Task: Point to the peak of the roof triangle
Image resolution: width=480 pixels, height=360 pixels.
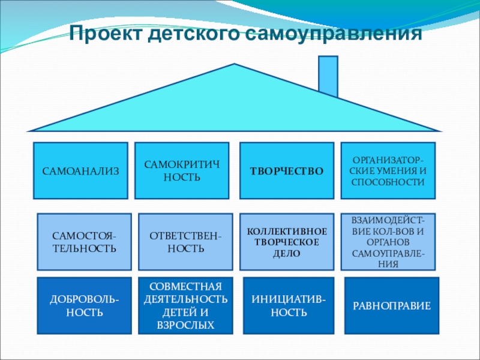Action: coord(235,65)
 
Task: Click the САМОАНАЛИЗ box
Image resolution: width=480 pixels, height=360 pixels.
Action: coord(80,171)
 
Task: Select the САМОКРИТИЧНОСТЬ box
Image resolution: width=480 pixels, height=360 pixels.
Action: coord(182,171)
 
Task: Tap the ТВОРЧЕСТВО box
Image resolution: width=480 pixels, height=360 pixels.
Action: coord(287,171)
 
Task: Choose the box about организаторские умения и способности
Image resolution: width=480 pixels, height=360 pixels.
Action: coord(387,171)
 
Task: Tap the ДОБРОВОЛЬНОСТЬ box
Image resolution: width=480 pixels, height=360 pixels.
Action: coord(84,305)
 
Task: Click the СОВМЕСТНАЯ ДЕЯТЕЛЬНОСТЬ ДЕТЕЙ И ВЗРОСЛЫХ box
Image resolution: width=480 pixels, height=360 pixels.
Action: coord(185,305)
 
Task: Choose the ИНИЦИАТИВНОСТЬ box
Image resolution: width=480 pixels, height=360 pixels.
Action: coord(289,305)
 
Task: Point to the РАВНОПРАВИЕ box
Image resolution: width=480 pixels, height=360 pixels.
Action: coord(391,305)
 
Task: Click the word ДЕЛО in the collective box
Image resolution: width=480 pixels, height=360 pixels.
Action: coord(287,254)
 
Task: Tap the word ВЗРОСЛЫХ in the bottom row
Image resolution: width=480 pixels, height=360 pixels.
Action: coord(185,325)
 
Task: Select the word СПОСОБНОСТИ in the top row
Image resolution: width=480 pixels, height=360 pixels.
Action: coord(387,181)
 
